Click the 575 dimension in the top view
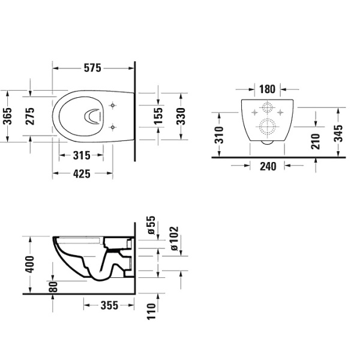(92, 68)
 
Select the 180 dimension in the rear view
(267, 89)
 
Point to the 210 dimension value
(316, 140)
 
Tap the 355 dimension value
(108, 305)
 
